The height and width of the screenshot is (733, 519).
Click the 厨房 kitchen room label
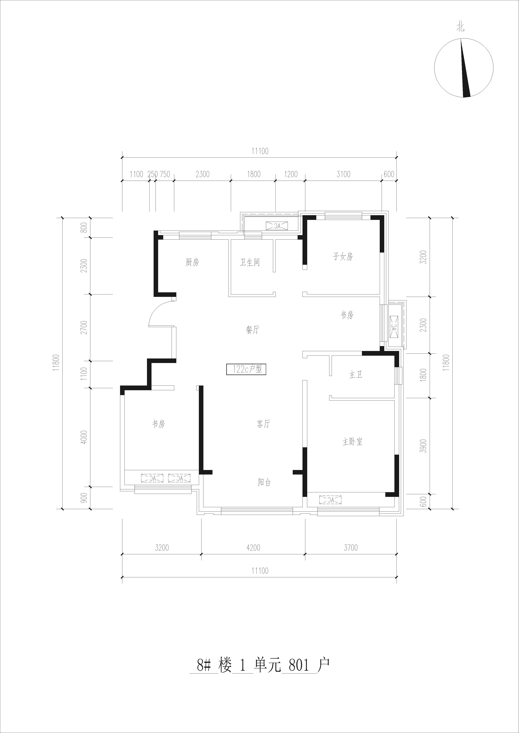[x=192, y=262]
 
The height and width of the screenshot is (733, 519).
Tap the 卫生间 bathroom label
[x=250, y=262]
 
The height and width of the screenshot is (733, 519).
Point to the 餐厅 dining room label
[x=253, y=330]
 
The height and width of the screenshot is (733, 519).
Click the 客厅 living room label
[x=263, y=424]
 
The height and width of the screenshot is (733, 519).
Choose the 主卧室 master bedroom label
[x=352, y=442]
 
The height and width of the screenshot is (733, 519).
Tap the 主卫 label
[x=356, y=375]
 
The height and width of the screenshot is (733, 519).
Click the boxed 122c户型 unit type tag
[x=246, y=369]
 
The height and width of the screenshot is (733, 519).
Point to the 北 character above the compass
[x=460, y=28]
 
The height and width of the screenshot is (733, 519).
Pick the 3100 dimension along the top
[x=343, y=174]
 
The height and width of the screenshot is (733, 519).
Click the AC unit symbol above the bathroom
[x=277, y=226]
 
